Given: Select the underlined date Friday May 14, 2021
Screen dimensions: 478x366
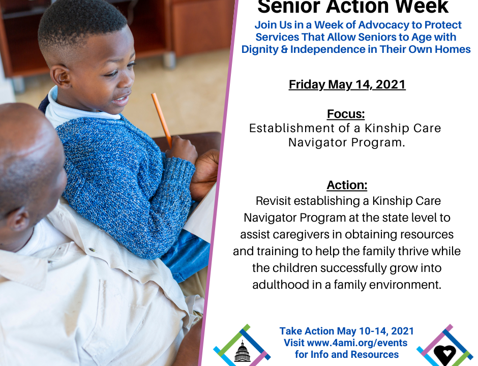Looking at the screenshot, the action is point(347,85).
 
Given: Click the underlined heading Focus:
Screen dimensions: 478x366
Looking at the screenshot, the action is point(346,114).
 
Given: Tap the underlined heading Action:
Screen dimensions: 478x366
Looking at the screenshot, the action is point(347,185).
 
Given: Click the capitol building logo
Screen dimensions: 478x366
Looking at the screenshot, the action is point(243,351).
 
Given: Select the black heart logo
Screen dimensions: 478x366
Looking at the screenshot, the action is point(445,353).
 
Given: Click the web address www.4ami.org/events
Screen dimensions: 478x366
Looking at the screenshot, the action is point(357,343).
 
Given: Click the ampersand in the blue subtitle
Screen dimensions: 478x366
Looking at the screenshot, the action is point(284,49).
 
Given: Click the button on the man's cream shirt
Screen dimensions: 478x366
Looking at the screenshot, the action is point(92,250).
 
